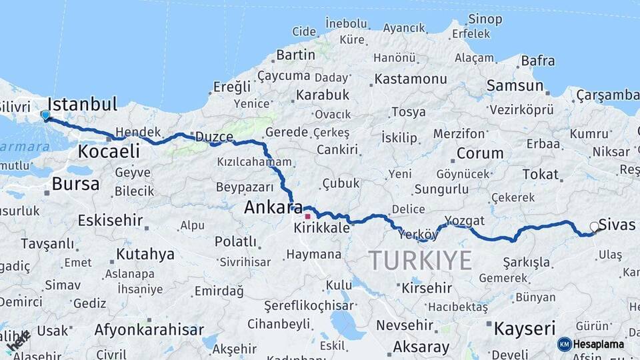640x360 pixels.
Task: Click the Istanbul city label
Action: point(83,104)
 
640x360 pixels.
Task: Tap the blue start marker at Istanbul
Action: point(45,115)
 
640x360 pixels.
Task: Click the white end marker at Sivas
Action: point(595,227)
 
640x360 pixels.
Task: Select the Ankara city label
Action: point(273,207)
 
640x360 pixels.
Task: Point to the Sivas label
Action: point(617,224)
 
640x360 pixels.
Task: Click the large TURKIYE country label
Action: point(421,260)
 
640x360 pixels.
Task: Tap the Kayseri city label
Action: point(525,328)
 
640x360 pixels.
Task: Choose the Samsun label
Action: point(515,85)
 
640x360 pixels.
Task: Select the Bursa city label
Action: point(75,184)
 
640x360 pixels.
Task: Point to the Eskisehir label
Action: point(111,220)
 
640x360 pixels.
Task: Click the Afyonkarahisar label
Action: point(149,329)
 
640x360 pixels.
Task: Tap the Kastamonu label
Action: point(411,79)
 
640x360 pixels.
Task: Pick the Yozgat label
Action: point(465,220)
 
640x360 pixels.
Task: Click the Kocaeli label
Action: point(109,151)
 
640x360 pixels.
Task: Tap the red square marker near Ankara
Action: point(307,216)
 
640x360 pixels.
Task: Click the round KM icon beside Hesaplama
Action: point(565,344)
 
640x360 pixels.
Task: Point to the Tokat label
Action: point(541,174)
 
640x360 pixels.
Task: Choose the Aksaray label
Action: point(421,347)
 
